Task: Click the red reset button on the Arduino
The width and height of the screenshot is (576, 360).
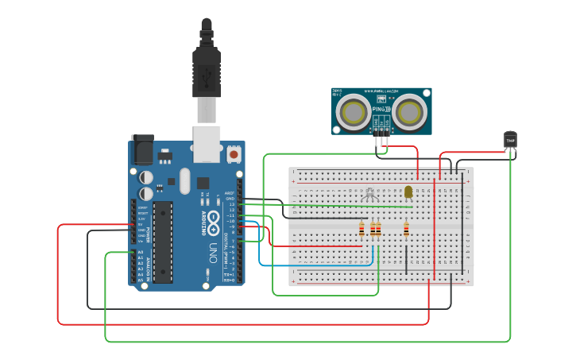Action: tap(234, 153)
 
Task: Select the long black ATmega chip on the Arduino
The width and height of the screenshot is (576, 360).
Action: tap(163, 242)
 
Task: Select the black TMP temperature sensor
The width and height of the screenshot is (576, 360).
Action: tap(510, 141)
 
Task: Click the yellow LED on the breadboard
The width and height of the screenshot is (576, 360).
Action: tap(408, 192)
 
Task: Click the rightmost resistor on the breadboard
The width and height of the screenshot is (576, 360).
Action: tap(406, 230)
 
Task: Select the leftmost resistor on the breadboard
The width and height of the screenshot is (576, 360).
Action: tap(362, 230)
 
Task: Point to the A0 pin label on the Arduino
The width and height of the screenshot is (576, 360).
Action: tap(141, 252)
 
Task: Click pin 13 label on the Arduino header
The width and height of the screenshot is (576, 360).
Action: tap(231, 204)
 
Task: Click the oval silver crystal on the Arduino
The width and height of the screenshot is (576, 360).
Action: tap(185, 180)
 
